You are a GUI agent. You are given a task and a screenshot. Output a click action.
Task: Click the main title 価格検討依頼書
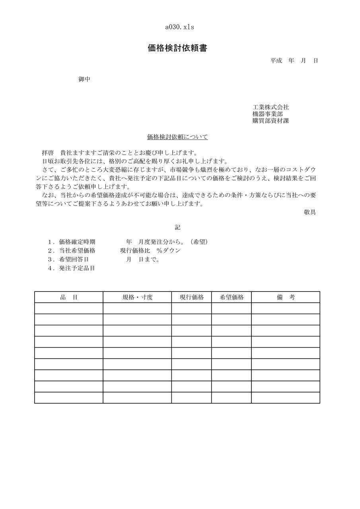177,49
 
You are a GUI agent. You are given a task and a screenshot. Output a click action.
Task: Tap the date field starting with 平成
294,61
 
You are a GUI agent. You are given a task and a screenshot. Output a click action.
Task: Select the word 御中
84,80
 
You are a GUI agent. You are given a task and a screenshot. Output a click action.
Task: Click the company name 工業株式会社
270,107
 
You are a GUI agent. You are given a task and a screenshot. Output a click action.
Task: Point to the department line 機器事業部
268,114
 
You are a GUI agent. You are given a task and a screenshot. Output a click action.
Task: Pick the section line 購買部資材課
270,121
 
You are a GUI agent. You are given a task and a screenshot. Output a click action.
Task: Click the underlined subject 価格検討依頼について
177,138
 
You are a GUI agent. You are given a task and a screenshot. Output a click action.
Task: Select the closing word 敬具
310,212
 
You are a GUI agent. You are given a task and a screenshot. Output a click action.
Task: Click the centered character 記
177,227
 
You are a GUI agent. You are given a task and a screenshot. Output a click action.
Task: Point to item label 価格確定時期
77,242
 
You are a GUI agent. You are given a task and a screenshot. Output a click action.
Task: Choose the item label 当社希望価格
77,251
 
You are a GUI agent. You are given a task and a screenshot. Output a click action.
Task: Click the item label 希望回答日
74,259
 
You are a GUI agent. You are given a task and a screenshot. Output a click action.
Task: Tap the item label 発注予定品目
77,268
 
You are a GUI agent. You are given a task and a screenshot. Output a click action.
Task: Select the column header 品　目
69,297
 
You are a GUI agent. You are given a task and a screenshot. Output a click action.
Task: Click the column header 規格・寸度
137,297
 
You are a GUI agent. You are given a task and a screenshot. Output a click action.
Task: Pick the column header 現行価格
192,297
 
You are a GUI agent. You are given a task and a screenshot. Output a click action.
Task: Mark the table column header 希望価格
232,297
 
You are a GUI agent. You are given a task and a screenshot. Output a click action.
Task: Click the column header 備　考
286,297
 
